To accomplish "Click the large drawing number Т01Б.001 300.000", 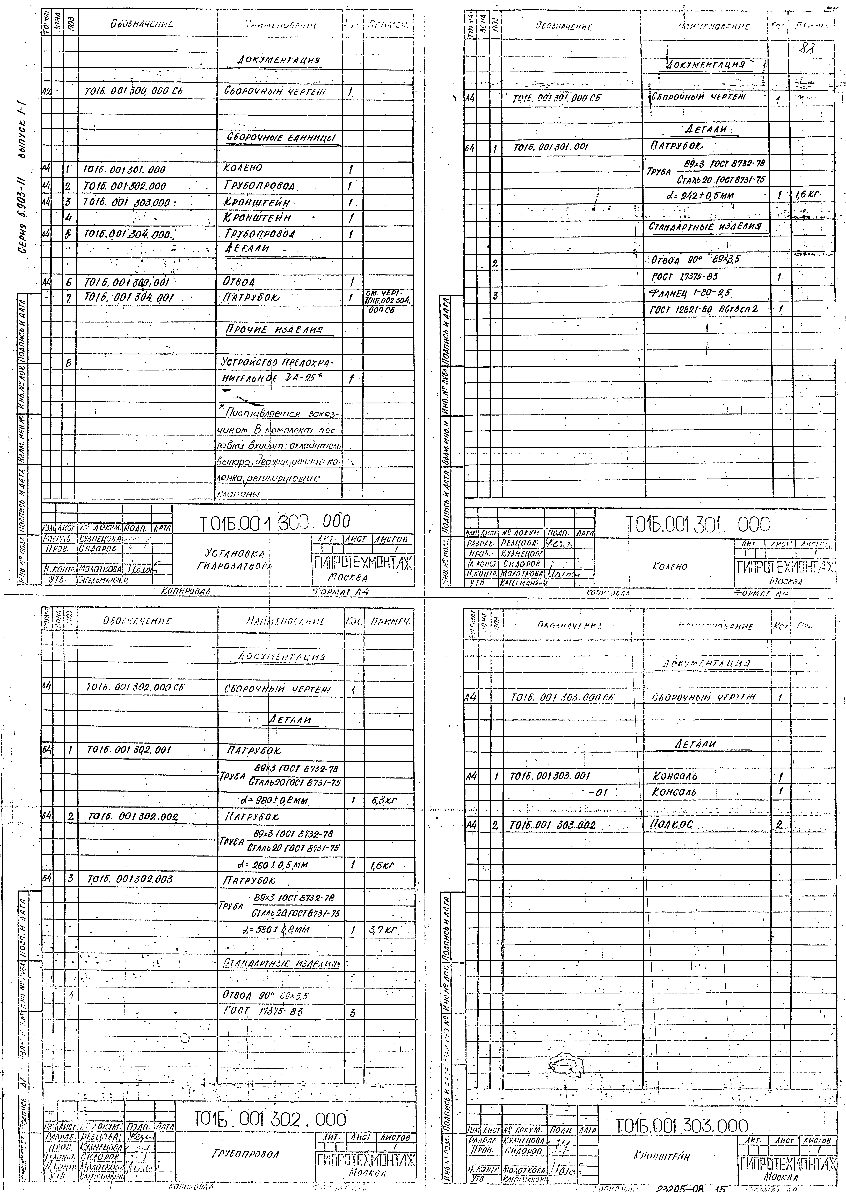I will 275,523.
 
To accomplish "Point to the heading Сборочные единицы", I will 281,138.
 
